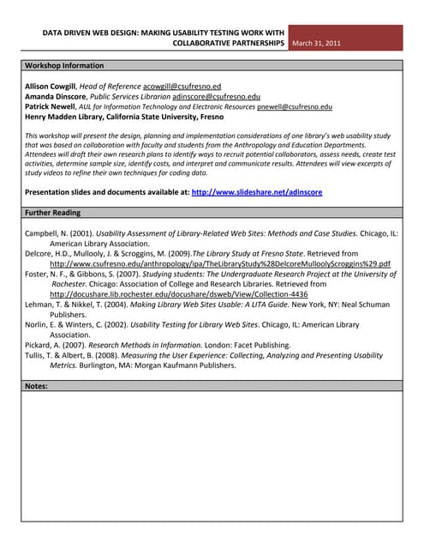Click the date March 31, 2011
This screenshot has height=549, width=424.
click(316, 42)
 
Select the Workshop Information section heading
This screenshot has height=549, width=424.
click(64, 65)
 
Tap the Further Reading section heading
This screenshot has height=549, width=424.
click(53, 213)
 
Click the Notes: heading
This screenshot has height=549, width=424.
click(37, 387)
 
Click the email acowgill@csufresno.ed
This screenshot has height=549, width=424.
click(182, 87)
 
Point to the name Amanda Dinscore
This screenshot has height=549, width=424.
click(56, 97)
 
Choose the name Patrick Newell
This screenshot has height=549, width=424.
click(51, 106)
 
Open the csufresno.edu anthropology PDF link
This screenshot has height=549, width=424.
click(219, 264)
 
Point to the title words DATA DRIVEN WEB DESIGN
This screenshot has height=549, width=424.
click(92, 32)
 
